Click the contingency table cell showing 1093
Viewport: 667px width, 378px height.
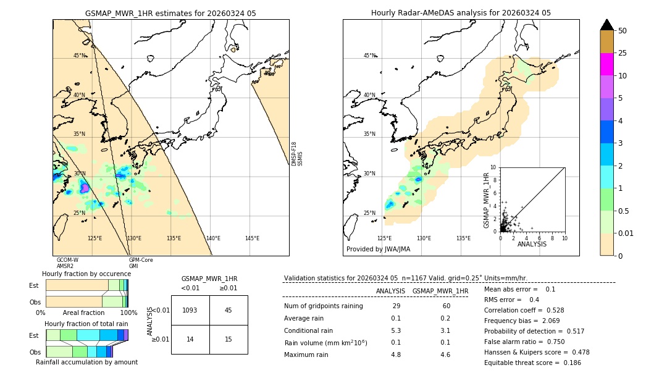click(190, 310)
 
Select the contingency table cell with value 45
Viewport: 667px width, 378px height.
click(228, 310)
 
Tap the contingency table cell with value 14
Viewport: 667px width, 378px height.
click(190, 340)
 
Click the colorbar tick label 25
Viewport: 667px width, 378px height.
click(623, 53)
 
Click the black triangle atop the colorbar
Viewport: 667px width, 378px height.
click(607, 25)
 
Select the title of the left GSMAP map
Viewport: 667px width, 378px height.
click(170, 13)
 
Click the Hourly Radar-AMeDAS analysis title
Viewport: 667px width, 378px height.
click(461, 13)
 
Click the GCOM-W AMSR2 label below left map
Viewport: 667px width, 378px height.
click(67, 263)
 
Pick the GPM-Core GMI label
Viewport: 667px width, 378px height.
click(141, 263)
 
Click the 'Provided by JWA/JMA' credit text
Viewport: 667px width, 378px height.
click(378, 249)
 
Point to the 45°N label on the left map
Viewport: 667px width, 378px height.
click(80, 56)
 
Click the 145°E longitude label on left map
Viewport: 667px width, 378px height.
click(252, 238)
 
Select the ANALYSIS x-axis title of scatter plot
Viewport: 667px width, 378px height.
click(532, 244)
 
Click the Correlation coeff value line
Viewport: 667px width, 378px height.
click(524, 310)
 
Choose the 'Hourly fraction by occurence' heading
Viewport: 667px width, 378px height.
click(86, 274)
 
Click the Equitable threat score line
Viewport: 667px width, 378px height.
click(533, 363)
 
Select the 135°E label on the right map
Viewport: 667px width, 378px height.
click(463, 238)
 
